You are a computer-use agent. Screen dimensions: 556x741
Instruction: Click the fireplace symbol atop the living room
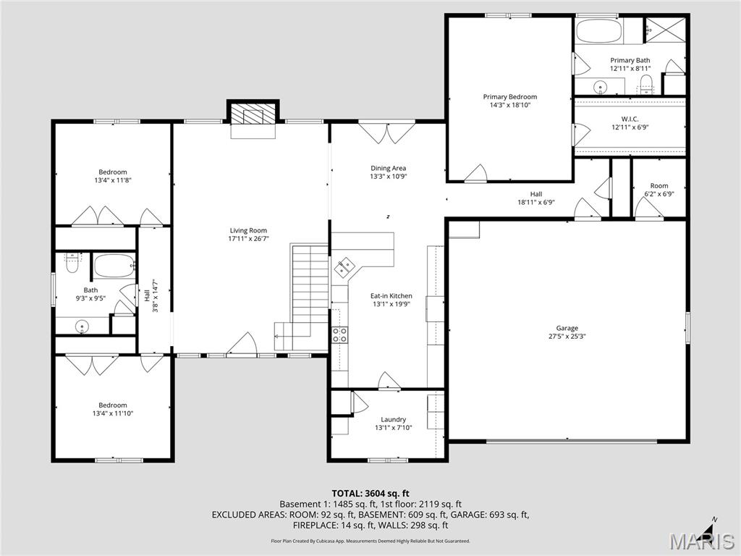(x=253, y=114)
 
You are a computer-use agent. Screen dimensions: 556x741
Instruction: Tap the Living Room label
(x=248, y=231)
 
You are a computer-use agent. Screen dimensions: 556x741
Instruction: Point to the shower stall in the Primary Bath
(x=664, y=31)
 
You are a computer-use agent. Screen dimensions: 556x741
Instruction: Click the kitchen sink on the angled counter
(x=344, y=267)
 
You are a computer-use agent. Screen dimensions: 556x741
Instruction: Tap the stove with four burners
(x=339, y=334)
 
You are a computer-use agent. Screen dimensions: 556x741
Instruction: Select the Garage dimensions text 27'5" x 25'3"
(x=567, y=336)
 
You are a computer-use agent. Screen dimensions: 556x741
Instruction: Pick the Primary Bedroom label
(x=510, y=97)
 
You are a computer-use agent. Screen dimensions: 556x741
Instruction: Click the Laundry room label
(x=393, y=419)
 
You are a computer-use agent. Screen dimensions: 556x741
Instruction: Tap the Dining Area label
(x=389, y=168)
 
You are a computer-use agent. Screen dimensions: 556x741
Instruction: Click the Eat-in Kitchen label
(x=391, y=295)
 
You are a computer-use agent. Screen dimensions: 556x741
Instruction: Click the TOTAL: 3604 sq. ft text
(x=370, y=494)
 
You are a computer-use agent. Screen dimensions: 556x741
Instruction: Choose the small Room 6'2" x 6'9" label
(x=659, y=186)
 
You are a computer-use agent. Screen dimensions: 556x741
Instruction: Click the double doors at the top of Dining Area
(x=386, y=133)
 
